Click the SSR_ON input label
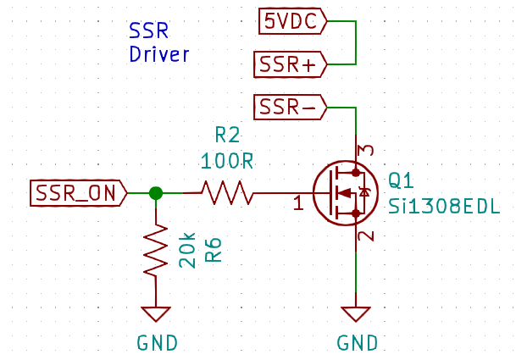click(x=78, y=193)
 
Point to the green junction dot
click(x=156, y=193)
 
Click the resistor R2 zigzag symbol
click(x=226, y=193)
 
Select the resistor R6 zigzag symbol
click(x=156, y=249)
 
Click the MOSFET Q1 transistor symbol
click(x=343, y=193)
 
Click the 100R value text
click(x=227, y=160)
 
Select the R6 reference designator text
click(x=214, y=251)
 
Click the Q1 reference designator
click(x=401, y=180)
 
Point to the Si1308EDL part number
click(x=444, y=208)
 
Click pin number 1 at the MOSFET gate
click(x=297, y=203)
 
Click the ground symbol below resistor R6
click(x=156, y=313)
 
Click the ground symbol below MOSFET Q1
click(x=357, y=313)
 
